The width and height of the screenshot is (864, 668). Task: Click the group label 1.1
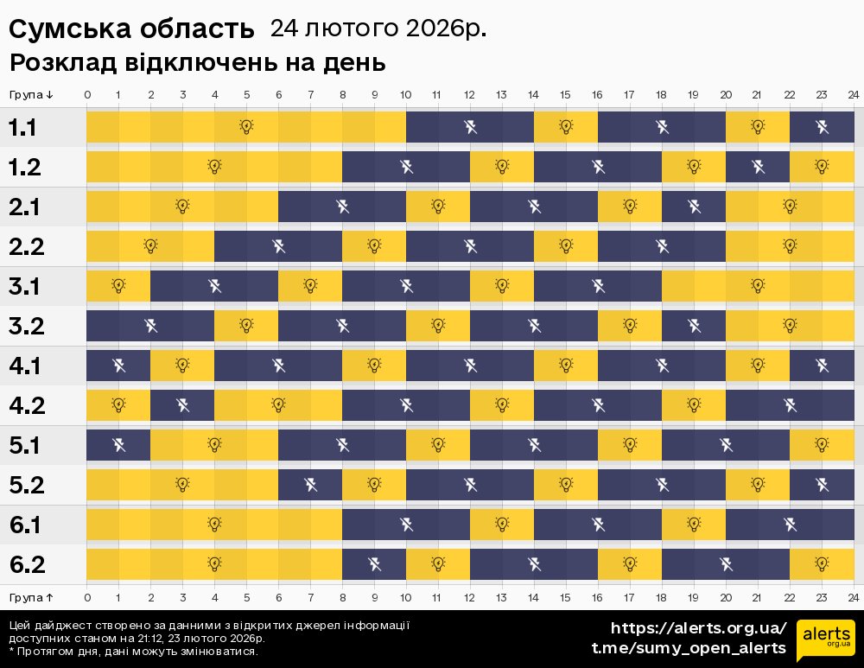(22, 128)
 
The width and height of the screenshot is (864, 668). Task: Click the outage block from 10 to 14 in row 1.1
(470, 128)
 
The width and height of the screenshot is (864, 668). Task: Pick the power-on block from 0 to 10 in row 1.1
(246, 128)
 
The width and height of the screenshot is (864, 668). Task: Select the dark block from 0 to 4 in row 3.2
(150, 326)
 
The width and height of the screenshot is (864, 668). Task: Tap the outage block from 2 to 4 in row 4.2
(182, 405)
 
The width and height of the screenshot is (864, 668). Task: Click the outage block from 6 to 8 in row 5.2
(310, 485)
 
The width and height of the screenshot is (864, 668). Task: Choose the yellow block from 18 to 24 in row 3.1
(758, 286)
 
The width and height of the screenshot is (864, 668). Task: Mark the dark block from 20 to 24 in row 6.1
(790, 525)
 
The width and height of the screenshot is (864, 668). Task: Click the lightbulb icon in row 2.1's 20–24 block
(790, 207)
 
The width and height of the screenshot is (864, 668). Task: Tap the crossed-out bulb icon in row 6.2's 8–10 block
(374, 564)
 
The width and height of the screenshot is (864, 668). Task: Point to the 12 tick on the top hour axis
(470, 94)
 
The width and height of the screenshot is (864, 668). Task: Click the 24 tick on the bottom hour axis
(853, 597)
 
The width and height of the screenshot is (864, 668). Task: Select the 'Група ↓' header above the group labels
(32, 94)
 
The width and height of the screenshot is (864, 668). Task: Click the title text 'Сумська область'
(132, 29)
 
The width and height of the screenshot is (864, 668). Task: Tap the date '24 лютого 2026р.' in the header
(378, 29)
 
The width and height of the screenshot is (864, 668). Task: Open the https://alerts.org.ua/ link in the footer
(698, 627)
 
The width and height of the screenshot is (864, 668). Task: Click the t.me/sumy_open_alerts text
(689, 647)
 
